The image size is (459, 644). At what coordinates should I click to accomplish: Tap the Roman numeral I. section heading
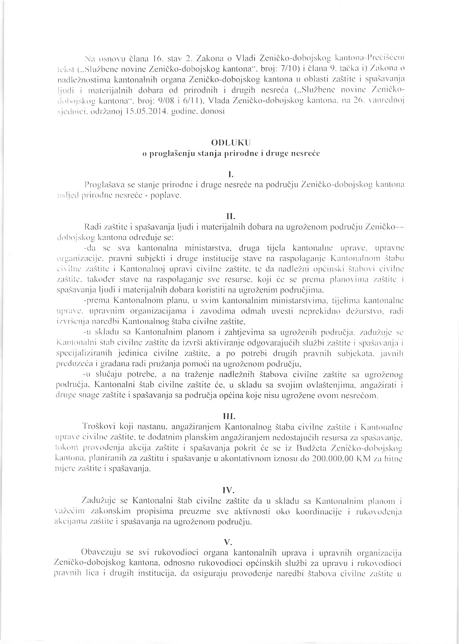pos(230,175)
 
